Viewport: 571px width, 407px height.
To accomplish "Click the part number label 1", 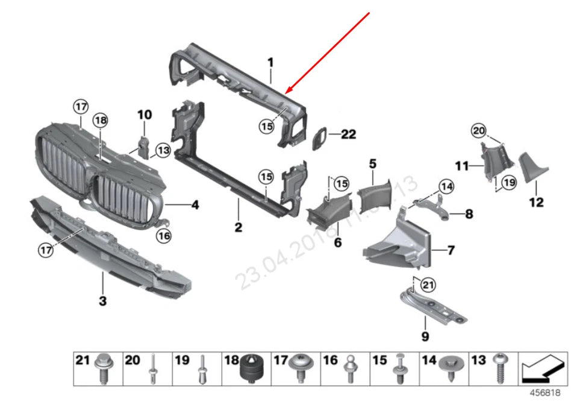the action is click(270, 62).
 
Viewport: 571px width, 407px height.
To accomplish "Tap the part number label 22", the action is click(349, 134).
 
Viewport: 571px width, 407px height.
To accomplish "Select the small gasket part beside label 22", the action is click(320, 138).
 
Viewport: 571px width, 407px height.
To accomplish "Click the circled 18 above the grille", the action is click(100, 121).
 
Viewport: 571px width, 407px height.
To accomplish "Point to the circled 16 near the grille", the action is click(164, 236).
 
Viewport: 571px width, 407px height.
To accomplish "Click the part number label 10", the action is click(145, 114).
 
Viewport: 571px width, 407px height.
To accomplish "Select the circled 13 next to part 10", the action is click(163, 149).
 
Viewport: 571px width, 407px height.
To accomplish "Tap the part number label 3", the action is click(102, 300).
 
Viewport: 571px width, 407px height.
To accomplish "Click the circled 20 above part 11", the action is click(478, 130).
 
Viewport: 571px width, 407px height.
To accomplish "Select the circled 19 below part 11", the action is click(509, 182).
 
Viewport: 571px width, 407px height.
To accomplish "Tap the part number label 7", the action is click(451, 248).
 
